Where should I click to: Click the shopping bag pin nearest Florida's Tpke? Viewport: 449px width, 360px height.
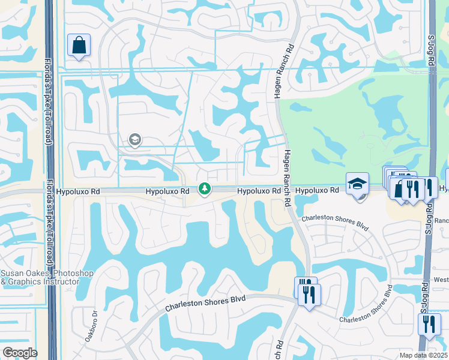[x=79, y=45]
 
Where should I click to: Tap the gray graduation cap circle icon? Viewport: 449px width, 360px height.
[x=134, y=140]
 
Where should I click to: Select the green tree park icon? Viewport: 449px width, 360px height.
[x=205, y=190]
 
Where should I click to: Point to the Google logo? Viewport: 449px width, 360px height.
[x=20, y=353]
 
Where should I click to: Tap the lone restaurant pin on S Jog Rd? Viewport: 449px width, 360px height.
[x=429, y=324]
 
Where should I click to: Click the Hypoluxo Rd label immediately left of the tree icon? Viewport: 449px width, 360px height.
[x=167, y=191]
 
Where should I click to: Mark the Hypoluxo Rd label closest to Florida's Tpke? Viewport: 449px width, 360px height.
[x=78, y=191]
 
